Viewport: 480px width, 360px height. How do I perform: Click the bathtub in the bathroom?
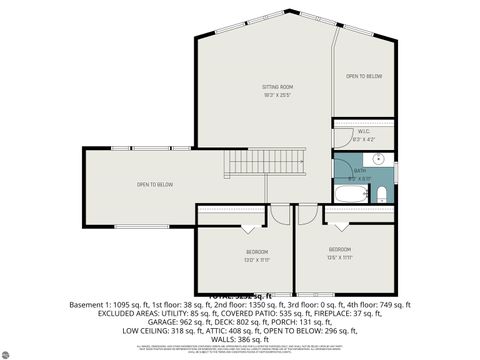pyautogui.click(x=350, y=195)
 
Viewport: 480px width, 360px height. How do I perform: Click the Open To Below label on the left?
pyautogui.click(x=155, y=185)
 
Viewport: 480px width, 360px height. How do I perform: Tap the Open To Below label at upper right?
pyautogui.click(x=364, y=77)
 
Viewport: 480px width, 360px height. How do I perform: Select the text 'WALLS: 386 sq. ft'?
pyautogui.click(x=240, y=339)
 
